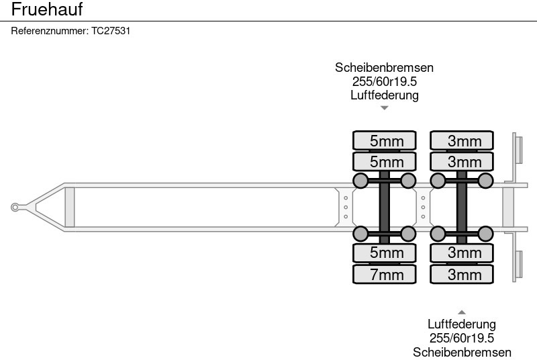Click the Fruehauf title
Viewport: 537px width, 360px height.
[47, 9]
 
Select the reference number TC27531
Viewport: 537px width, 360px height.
[111, 32]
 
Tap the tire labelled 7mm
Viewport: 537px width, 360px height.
[387, 274]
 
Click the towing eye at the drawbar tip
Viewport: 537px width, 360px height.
[15, 208]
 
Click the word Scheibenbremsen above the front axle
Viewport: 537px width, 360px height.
[384, 67]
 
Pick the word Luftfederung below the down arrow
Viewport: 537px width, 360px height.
[384, 95]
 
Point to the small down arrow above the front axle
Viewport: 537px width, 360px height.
[384, 107]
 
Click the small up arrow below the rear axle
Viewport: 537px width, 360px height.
[462, 312]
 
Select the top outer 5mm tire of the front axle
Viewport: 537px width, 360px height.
[387, 140]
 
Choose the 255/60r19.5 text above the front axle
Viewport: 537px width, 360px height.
[384, 81]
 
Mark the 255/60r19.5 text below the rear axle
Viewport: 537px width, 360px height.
[462, 338]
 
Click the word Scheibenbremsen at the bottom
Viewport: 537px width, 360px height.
[462, 352]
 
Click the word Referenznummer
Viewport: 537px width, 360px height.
[50, 32]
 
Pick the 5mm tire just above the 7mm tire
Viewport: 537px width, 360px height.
[387, 253]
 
